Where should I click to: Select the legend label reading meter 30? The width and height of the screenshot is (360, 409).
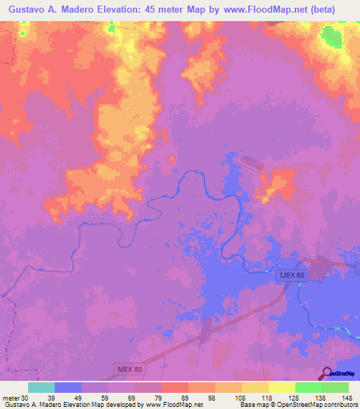[x=15, y=397]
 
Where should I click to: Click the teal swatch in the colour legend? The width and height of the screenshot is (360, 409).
[x=41, y=387]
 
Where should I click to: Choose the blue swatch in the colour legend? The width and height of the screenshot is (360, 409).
[x=68, y=387]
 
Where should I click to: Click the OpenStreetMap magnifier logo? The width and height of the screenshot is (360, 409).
[x=326, y=372]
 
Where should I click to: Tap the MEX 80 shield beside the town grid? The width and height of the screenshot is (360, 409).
[x=291, y=276]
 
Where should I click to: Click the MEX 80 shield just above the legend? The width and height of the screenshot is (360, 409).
[x=129, y=369]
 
